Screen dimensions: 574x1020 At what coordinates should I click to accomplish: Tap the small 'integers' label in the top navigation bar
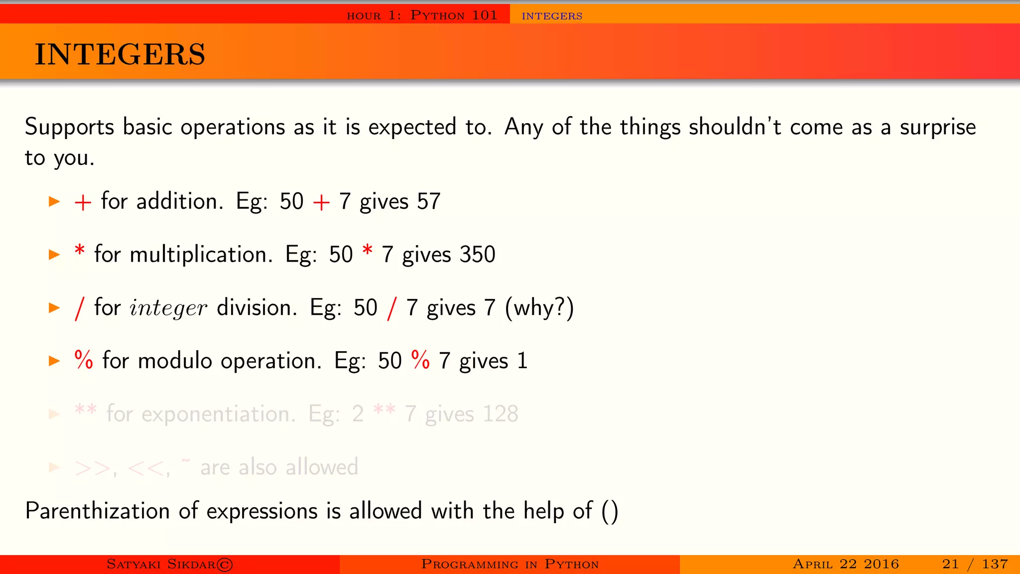(x=552, y=16)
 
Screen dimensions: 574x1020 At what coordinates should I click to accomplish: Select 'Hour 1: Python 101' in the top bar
(x=422, y=15)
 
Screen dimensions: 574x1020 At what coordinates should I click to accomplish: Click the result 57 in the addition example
(x=429, y=202)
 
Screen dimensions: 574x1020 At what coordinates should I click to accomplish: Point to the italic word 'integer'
(x=168, y=308)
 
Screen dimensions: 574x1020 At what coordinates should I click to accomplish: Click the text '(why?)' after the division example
(x=539, y=308)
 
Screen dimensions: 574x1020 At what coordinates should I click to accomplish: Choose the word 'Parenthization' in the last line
(x=98, y=511)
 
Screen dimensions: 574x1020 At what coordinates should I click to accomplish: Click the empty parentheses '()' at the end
(x=610, y=512)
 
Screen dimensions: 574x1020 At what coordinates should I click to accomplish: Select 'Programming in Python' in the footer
(x=510, y=564)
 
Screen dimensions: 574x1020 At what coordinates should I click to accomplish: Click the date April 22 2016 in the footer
(x=846, y=564)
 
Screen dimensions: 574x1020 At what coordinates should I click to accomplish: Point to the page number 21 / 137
(x=975, y=564)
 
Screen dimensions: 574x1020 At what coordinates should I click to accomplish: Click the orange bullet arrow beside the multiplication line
(x=54, y=255)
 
